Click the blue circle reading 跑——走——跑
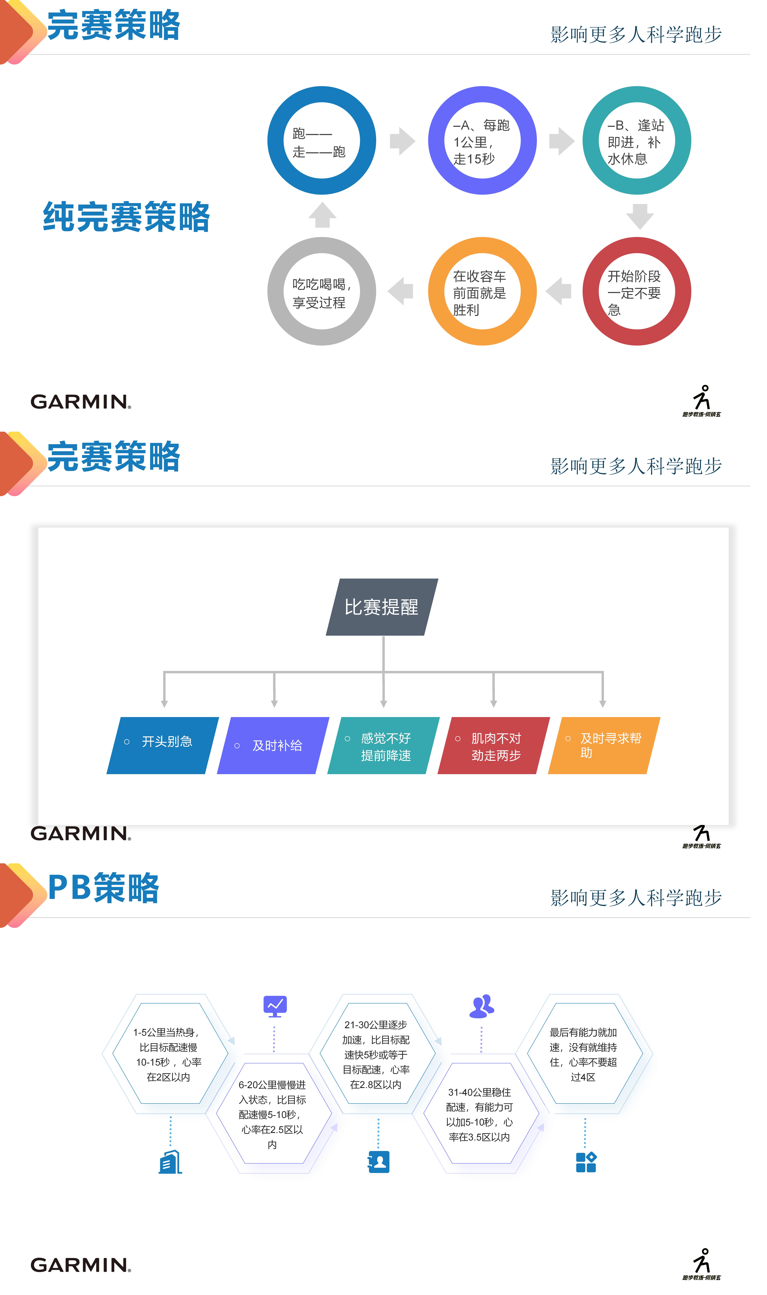tap(321, 141)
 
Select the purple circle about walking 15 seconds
tap(482, 141)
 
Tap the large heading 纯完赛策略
tap(127, 217)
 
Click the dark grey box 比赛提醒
tap(382, 607)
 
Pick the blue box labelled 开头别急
tap(163, 745)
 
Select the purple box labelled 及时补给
tap(273, 745)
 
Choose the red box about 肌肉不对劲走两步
tap(494, 745)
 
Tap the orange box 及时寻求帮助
tap(604, 745)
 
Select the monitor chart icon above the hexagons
tap(275, 1006)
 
